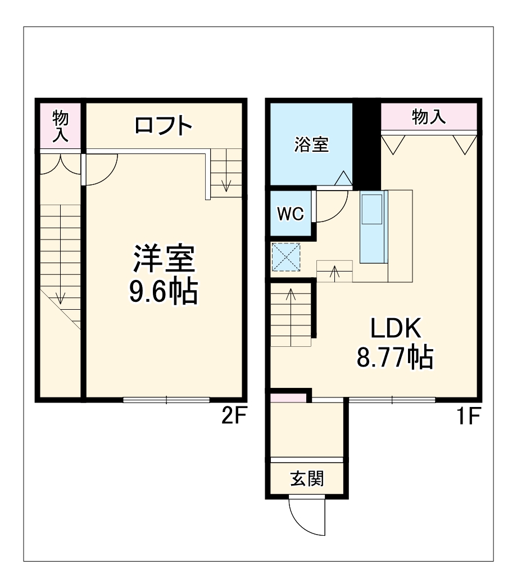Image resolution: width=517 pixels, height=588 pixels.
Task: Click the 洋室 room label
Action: [164, 259]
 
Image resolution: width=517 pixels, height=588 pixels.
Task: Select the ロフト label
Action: [164, 126]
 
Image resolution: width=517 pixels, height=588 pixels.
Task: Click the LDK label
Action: [395, 328]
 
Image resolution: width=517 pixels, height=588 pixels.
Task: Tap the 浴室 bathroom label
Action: [311, 145]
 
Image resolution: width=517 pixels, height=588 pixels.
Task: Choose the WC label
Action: [291, 214]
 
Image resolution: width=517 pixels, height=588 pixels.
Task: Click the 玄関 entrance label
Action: [307, 479]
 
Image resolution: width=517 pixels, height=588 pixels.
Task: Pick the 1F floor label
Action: [468, 417]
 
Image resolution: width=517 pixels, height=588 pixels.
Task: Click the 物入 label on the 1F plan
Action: [429, 117]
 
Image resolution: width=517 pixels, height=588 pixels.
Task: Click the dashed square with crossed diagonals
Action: [286, 256]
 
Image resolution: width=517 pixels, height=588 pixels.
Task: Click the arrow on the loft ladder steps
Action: [226, 183]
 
